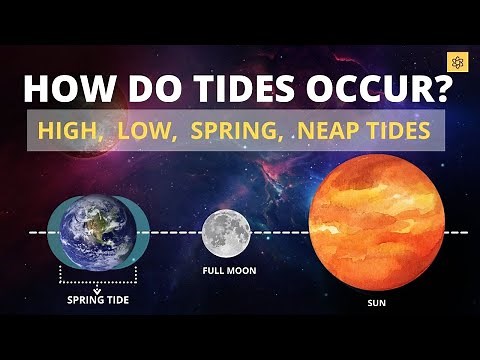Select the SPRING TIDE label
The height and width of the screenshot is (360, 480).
[99, 299]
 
